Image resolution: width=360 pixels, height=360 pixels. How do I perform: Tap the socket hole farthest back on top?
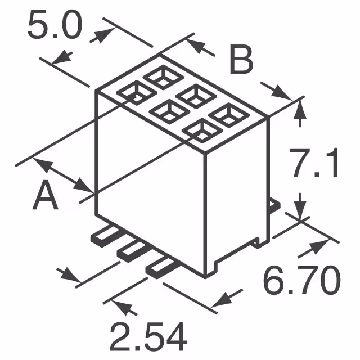160,76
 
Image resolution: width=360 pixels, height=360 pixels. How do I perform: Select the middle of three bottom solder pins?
133,250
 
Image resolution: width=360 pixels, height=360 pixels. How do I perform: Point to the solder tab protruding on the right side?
274,205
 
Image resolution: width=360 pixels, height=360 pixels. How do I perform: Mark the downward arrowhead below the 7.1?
300,209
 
